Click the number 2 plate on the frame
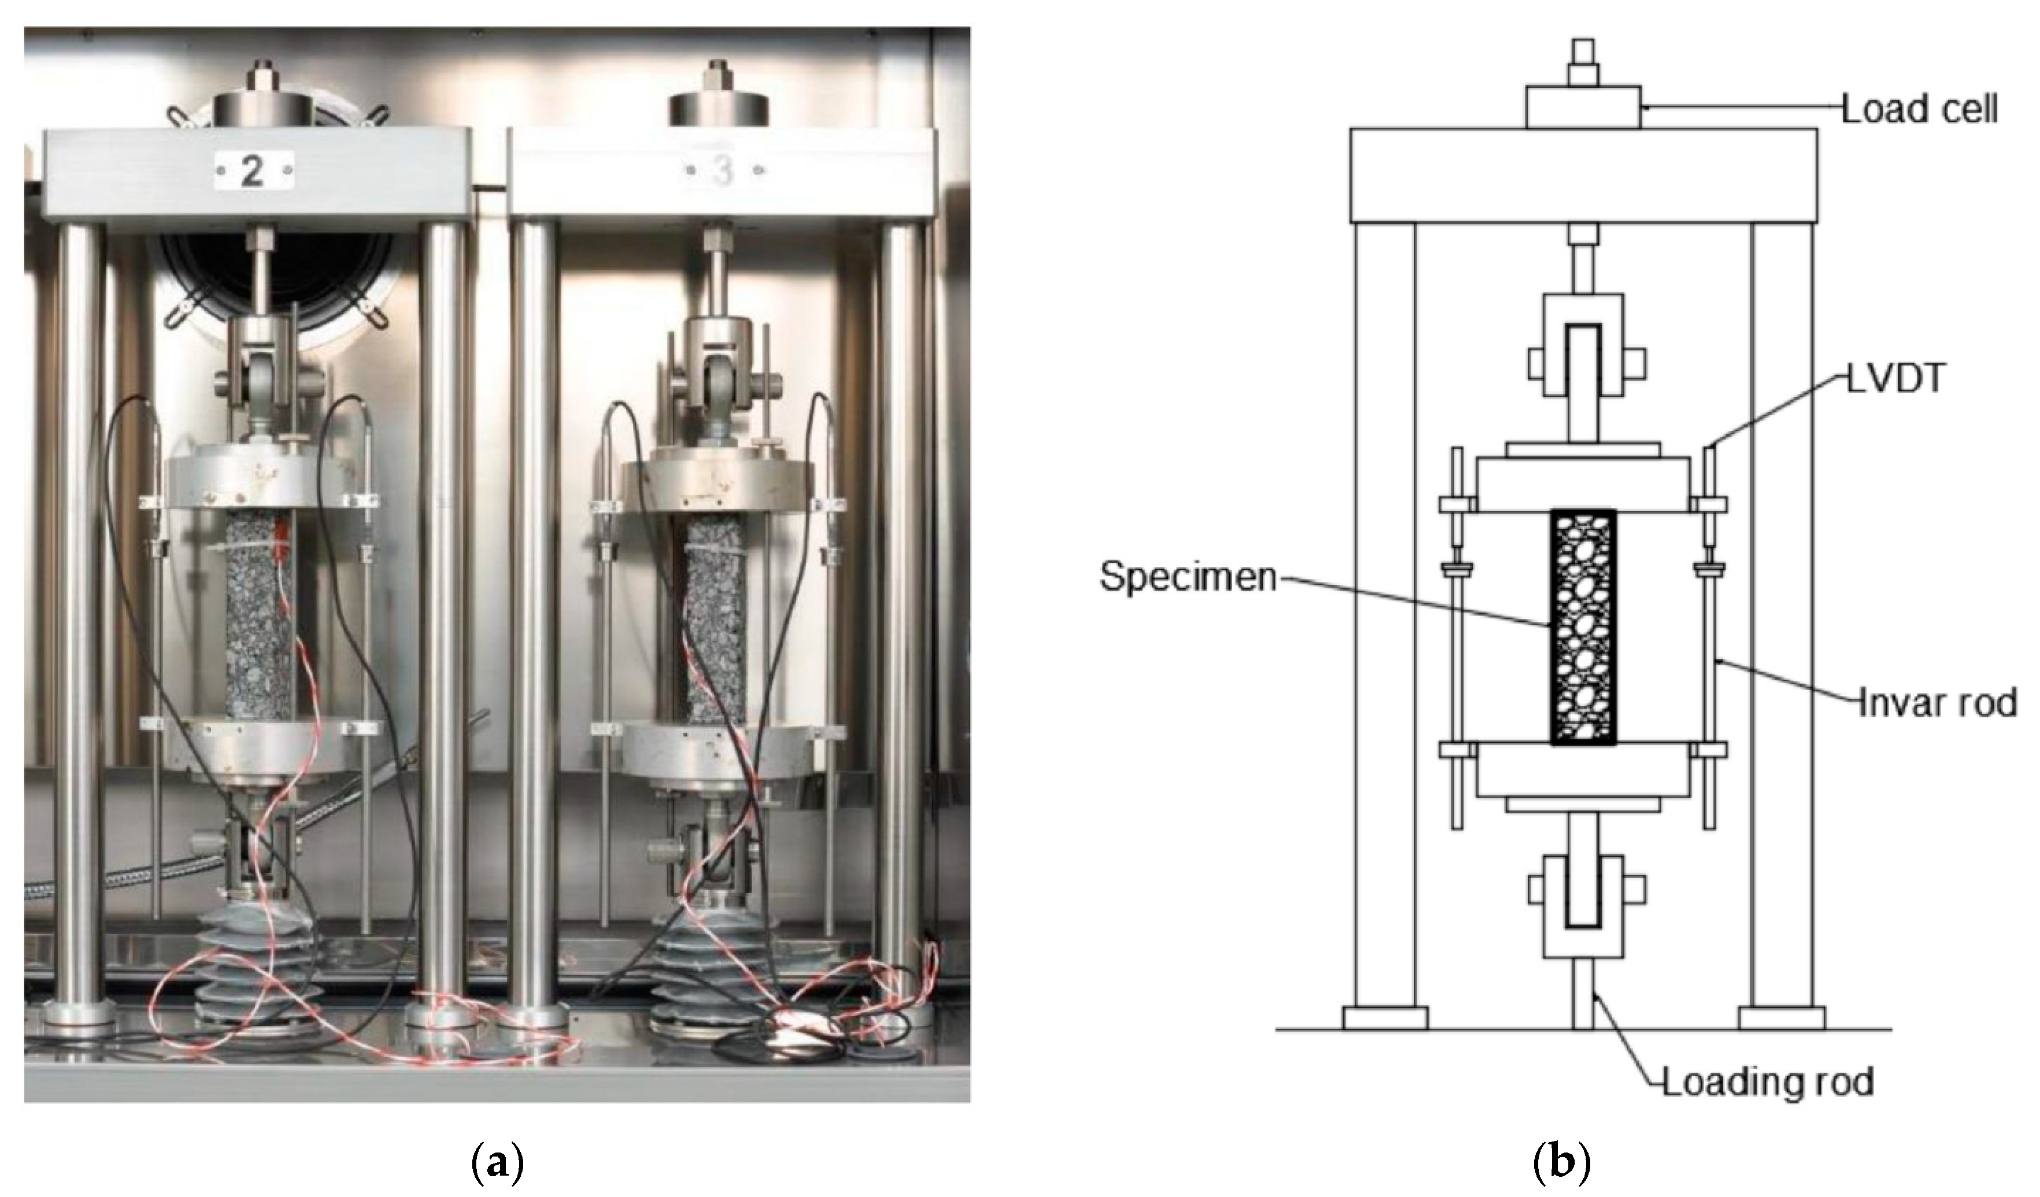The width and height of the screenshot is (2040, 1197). point(253,172)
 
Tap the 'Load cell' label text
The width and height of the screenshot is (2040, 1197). point(1919,129)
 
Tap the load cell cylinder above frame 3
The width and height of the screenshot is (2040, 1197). point(719,109)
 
